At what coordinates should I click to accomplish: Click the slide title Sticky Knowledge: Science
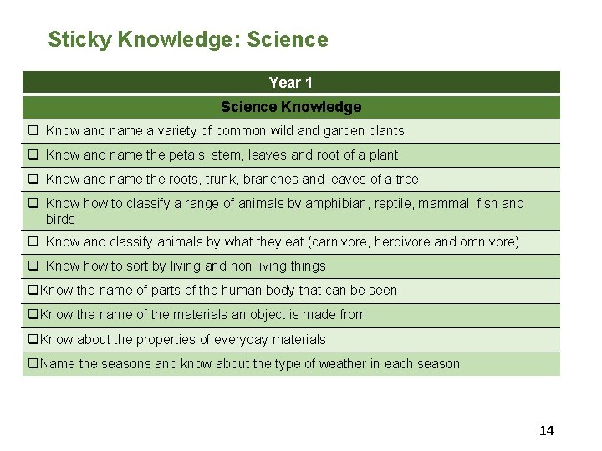188,39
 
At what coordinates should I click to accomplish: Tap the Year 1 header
291,83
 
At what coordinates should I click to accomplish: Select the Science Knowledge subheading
291,107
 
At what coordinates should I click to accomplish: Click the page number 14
547,431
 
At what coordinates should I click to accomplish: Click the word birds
60,220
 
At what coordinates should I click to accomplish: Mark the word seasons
127,364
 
